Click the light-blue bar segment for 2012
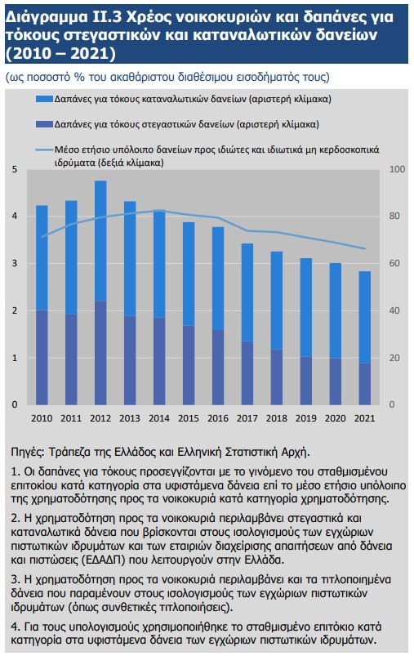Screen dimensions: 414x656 [x=100, y=241]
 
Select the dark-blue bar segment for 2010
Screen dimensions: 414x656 [x=42, y=357]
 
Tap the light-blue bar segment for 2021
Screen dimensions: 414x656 [x=365, y=317]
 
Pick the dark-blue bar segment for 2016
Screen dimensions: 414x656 [x=218, y=368]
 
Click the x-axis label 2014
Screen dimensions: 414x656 [x=159, y=418]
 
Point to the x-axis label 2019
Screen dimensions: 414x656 [x=306, y=418]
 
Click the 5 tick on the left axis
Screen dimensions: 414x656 [x=15, y=169]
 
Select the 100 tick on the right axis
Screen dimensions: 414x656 [x=398, y=169]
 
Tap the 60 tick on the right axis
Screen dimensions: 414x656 [x=394, y=263]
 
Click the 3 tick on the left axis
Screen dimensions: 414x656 [x=15, y=263]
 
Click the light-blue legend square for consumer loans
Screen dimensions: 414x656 [x=44, y=99]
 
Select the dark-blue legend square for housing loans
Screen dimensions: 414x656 [x=44, y=124]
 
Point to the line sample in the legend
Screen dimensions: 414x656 [x=44, y=149]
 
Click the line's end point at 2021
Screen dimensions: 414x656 [x=365, y=248]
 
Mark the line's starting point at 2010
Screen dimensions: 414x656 [x=42, y=237]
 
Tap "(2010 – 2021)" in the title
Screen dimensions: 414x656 [x=61, y=54]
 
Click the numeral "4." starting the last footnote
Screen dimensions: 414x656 [x=16, y=627]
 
